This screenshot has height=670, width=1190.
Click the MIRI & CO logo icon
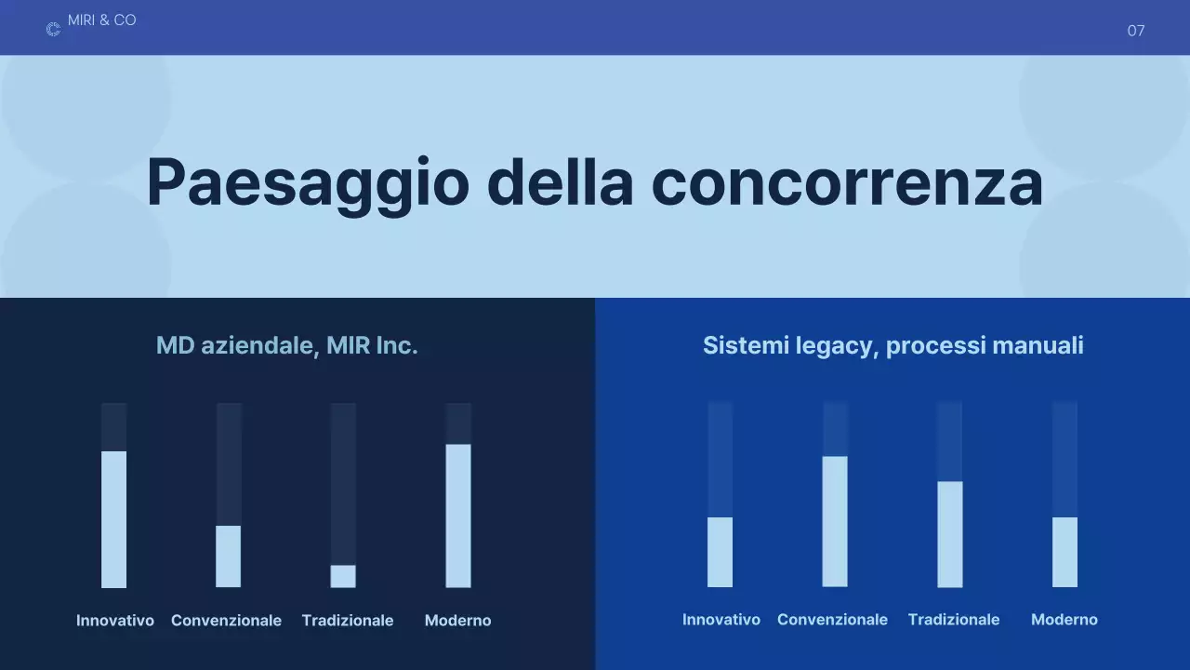[x=53, y=30]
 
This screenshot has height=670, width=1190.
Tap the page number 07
[x=1135, y=31]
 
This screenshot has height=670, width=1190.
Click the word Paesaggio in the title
[x=307, y=182]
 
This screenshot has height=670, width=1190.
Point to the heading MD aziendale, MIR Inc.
[x=286, y=346]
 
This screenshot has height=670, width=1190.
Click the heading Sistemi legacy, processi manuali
[x=892, y=346]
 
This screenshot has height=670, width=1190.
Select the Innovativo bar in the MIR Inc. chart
[x=113, y=519]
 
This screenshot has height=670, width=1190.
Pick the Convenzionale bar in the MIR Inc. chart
[x=229, y=556]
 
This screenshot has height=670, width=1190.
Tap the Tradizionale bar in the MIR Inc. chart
[x=343, y=576]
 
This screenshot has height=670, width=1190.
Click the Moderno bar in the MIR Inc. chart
[x=458, y=516]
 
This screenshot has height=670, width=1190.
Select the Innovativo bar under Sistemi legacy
[x=720, y=552]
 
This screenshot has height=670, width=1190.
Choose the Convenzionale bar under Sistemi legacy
[x=835, y=521]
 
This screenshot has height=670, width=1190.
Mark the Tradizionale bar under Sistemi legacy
[x=950, y=534]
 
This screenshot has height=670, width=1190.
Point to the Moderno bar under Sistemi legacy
[x=1064, y=552]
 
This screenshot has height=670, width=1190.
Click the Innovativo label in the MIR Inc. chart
[x=115, y=621]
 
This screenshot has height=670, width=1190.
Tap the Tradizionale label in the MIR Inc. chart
[x=348, y=621]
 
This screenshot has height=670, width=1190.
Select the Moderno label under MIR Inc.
[x=457, y=621]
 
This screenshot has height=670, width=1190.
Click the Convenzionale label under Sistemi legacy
[x=832, y=620]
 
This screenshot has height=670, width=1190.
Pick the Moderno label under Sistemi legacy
[x=1064, y=620]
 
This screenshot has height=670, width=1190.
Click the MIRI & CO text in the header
[x=101, y=20]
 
